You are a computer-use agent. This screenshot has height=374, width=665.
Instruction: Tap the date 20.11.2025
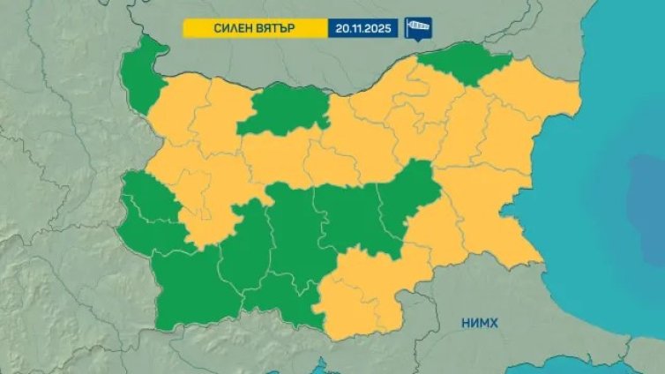[x=362, y=28]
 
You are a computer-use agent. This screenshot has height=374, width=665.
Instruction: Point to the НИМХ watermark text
[x=480, y=323]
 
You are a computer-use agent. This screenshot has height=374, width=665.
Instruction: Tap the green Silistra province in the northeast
[x=467, y=64]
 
